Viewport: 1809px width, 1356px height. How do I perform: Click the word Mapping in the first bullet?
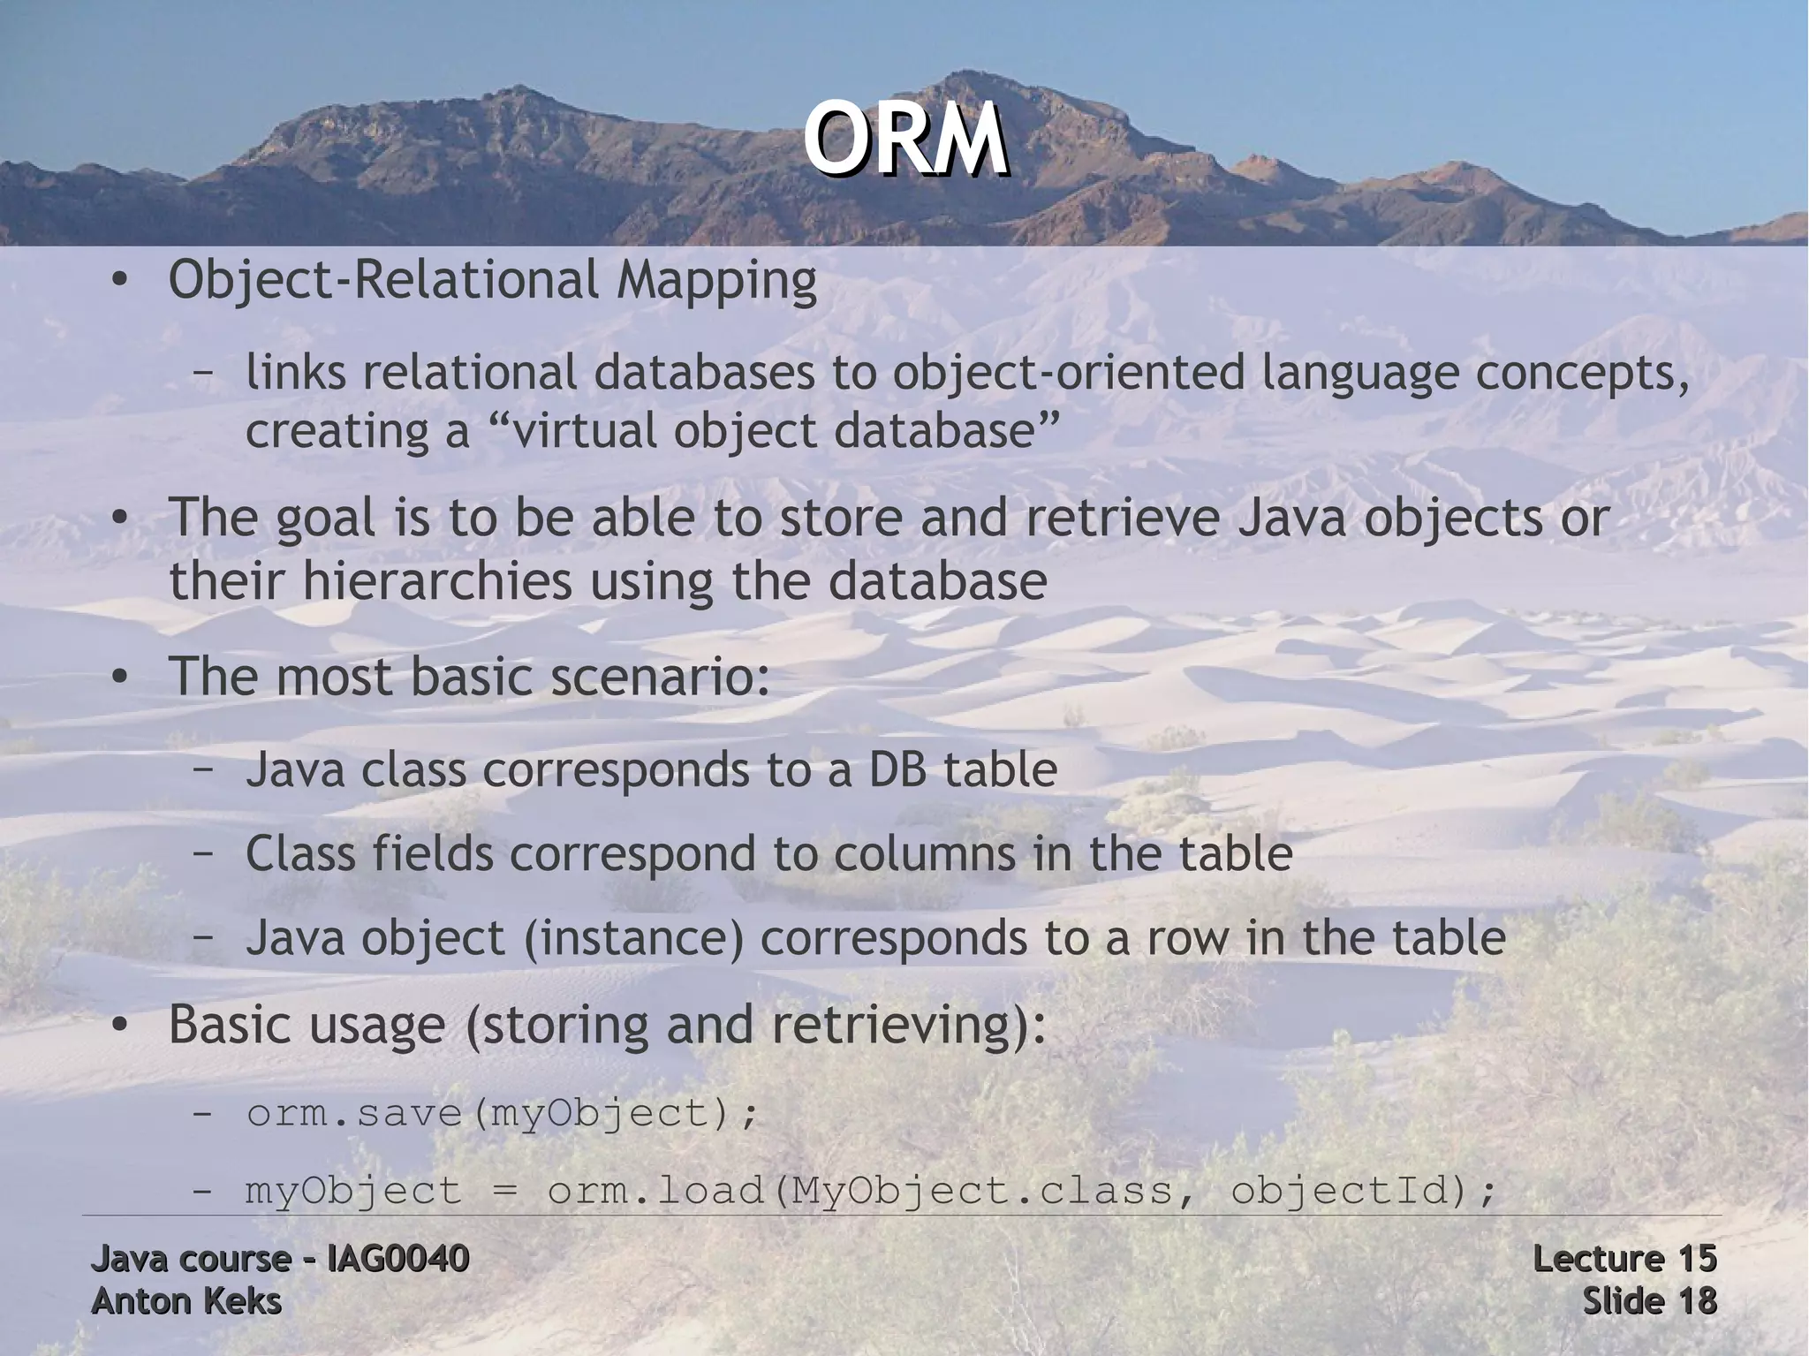716,281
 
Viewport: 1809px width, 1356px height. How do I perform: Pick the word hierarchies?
438,582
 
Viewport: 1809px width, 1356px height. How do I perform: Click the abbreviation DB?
897,769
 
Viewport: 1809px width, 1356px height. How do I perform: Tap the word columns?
924,854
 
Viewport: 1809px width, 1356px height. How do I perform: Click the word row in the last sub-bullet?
1187,938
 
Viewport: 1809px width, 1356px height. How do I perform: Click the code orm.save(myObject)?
502,1113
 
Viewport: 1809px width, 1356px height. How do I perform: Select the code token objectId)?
1364,1191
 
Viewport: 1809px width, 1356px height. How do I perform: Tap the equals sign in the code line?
503,1191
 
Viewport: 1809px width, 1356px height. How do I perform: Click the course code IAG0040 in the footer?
397,1259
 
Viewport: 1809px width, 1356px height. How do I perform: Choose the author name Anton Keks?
186,1301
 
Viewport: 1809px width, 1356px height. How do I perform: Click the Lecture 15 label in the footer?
1624,1259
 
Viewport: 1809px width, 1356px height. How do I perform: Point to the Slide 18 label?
1648,1301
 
